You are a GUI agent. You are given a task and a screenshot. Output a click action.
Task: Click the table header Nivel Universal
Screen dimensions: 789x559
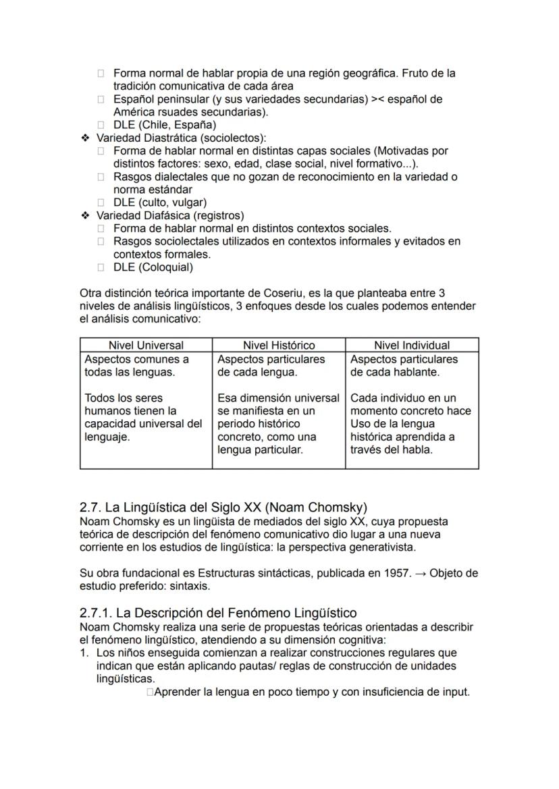[x=146, y=345]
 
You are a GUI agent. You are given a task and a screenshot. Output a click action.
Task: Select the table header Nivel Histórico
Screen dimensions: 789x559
[x=279, y=345]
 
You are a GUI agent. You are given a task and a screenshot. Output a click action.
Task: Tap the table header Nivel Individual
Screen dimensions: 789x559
[x=412, y=345]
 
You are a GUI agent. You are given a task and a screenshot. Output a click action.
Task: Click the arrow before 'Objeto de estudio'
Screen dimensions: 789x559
[x=419, y=573]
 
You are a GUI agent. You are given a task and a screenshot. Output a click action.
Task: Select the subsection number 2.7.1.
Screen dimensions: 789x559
[x=97, y=613]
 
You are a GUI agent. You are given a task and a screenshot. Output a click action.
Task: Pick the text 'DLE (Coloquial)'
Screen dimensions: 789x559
[x=153, y=267]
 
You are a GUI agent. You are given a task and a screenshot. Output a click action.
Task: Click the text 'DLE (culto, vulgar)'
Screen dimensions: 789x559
[x=159, y=202]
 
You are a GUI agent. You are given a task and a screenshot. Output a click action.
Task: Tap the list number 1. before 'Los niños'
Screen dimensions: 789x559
[x=84, y=653]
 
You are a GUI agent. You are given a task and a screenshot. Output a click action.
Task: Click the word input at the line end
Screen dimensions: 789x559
[x=453, y=692]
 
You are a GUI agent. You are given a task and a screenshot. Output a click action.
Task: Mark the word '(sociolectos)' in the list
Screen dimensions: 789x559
[x=233, y=138]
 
